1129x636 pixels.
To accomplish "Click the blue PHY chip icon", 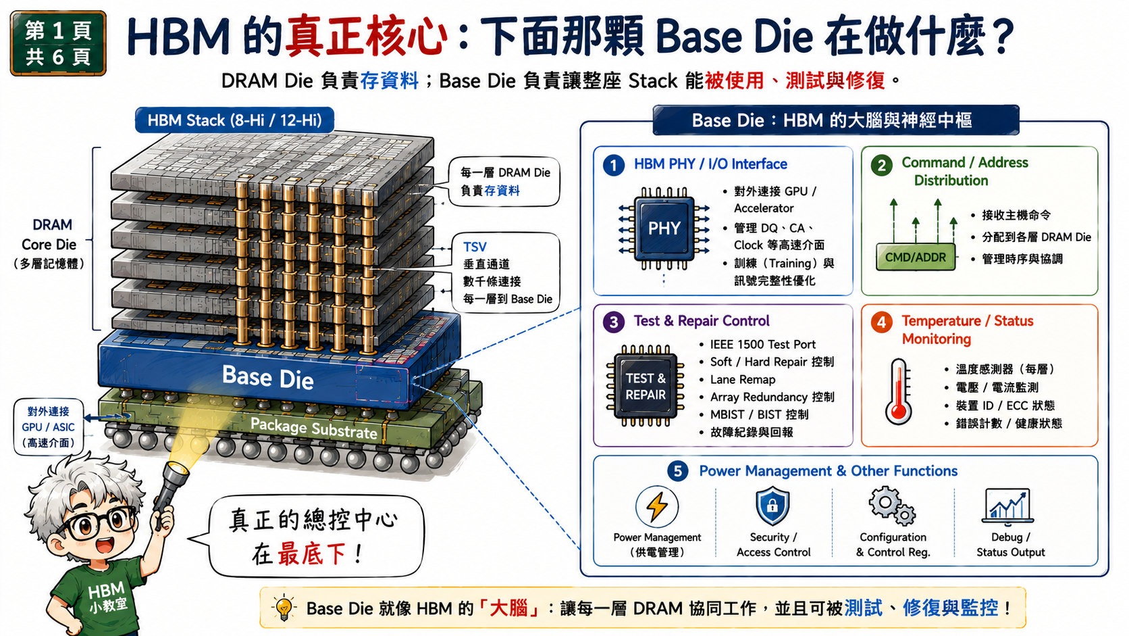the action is tap(664, 228).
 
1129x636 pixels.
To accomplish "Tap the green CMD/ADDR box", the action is tap(916, 258).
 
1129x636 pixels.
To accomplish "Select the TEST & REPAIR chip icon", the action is tap(645, 387).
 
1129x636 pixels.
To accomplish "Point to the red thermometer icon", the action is tap(899, 391).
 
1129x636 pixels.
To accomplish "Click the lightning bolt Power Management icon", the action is tap(657, 506).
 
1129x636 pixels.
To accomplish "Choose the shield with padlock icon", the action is tap(772, 506).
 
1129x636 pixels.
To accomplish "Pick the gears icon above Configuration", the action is tap(891, 506).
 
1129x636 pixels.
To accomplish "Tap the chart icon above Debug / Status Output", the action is tap(1007, 506).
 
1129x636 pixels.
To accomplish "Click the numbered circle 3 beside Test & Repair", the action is tap(613, 322).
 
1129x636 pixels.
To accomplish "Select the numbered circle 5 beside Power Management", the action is tap(677, 471).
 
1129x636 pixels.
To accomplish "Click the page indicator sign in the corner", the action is tap(58, 43).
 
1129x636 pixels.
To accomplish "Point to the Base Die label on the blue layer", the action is tap(267, 377).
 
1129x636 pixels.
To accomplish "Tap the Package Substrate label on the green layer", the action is tap(313, 429).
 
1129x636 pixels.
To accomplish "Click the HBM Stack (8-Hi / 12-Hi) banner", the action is tap(234, 120).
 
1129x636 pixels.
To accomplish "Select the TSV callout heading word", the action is tap(475, 247).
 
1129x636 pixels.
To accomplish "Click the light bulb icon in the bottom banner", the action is tap(284, 607).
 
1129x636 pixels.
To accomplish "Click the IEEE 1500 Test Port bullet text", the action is tap(762, 345).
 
